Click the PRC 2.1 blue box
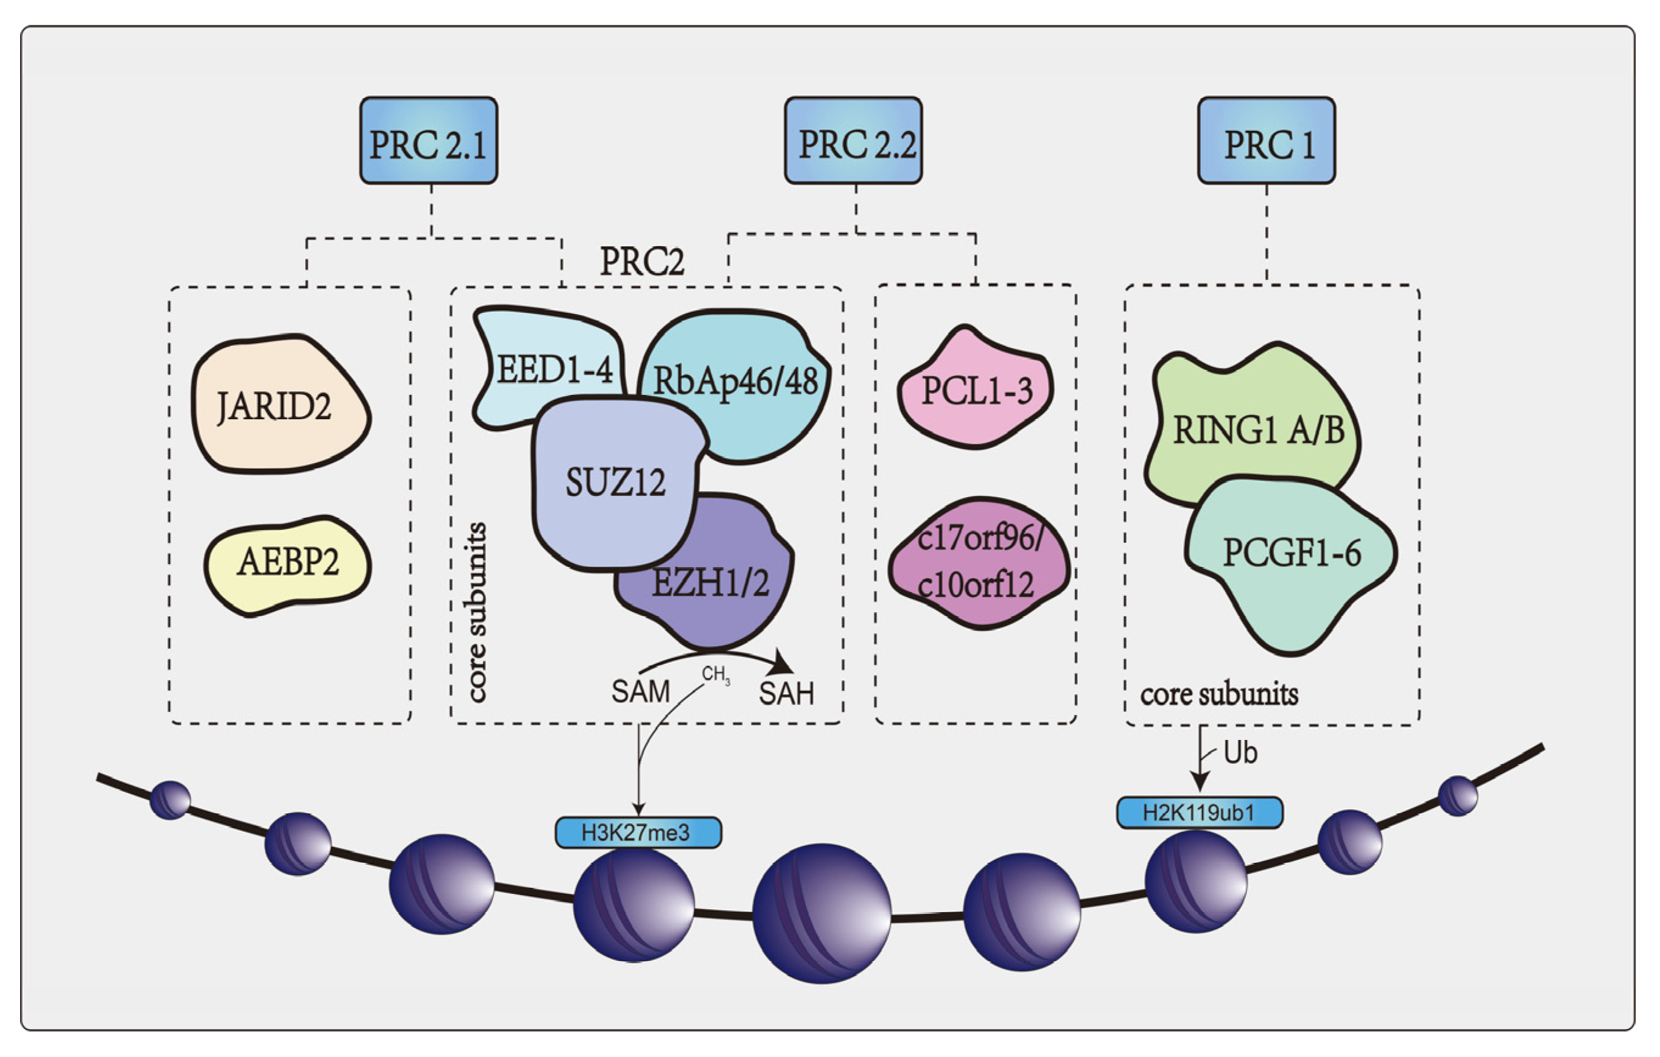coord(428,141)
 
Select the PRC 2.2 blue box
coord(853,141)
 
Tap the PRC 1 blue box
coord(1267,141)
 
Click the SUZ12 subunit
coord(615,483)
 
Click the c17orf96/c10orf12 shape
coord(979,562)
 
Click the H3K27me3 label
coord(638,832)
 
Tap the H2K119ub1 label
coord(1200,812)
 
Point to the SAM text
coord(641,691)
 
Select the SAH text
coord(786,693)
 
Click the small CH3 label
coord(716,674)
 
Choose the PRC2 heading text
coord(642,262)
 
